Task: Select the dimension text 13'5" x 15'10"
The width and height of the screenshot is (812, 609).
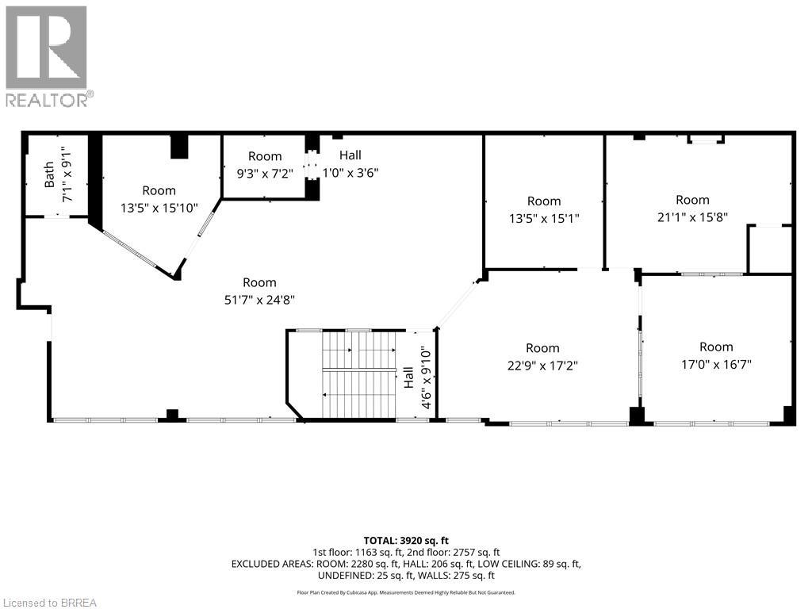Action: tap(159, 208)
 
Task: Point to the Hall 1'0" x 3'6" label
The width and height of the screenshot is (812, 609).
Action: tap(349, 163)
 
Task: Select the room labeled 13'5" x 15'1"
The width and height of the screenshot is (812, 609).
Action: tap(544, 209)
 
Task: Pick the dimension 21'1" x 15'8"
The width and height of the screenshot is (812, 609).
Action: tap(692, 208)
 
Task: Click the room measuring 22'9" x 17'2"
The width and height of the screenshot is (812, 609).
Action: tap(542, 357)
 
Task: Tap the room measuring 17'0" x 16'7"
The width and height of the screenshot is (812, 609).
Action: tap(716, 355)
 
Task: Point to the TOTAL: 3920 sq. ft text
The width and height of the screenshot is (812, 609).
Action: tap(405, 540)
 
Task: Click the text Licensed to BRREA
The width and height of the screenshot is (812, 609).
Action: tap(49, 602)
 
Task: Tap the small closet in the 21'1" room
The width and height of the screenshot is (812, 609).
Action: tap(769, 249)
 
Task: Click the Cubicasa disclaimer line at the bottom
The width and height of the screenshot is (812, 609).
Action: tap(405, 592)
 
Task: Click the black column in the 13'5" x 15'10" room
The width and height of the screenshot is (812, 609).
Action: tap(180, 147)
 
